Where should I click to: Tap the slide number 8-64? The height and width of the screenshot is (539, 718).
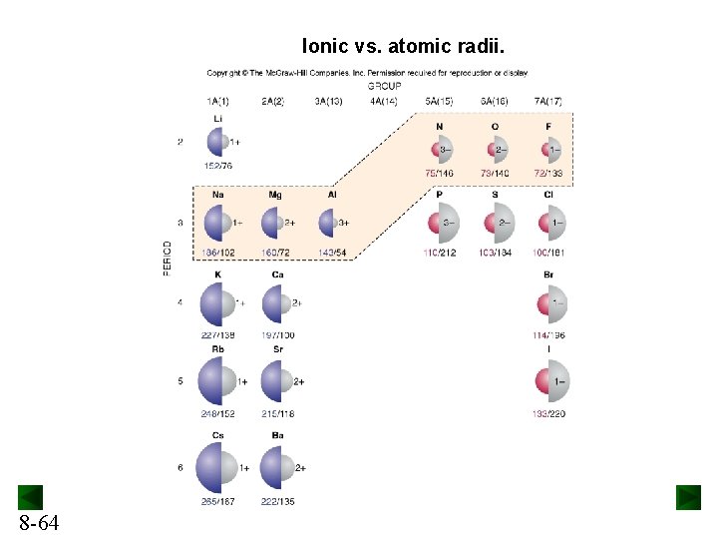[x=38, y=522]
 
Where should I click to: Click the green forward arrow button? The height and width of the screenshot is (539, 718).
[x=688, y=497]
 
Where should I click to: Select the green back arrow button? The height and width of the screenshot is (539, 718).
[x=30, y=497]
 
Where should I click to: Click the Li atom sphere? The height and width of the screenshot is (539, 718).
[x=219, y=143]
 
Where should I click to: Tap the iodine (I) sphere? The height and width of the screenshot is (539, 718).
[x=549, y=381]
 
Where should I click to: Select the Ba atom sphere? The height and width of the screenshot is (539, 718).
[x=277, y=466]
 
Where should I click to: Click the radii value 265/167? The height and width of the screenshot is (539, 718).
[x=218, y=501]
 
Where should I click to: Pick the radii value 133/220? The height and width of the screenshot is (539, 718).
[x=548, y=413]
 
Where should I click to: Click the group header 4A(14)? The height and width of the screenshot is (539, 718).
[x=383, y=102]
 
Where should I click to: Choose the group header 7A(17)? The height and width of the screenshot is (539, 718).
[x=548, y=102]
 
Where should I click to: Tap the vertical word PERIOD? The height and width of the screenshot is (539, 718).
[x=168, y=259]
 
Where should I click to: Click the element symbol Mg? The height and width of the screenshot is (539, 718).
[x=275, y=195]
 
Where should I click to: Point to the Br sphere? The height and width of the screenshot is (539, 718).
[x=549, y=303]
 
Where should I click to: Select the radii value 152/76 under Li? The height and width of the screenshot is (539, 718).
[x=217, y=166]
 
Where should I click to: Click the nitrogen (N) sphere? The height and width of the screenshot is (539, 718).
[x=440, y=150]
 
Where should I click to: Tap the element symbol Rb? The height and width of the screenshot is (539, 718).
[x=218, y=349]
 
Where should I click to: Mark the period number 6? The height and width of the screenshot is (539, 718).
[x=180, y=467]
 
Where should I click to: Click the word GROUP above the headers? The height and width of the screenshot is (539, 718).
[x=384, y=86]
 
